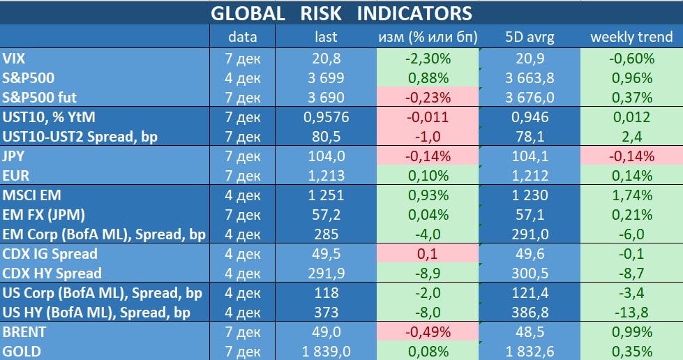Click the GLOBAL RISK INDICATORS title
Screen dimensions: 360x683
click(341, 13)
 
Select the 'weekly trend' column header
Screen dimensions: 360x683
click(631, 37)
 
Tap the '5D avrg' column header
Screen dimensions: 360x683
click(529, 37)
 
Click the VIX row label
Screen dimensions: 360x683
click(15, 59)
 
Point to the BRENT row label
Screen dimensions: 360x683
click(25, 332)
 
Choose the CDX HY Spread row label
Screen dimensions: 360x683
click(52, 273)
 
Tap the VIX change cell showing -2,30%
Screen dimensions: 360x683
click(427, 59)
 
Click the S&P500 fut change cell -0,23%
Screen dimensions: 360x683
click(427, 98)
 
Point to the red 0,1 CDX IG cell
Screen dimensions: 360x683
click(427, 254)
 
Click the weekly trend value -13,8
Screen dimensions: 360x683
click(631, 313)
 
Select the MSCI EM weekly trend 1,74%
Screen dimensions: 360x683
click(631, 195)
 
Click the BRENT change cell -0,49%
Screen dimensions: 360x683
click(427, 332)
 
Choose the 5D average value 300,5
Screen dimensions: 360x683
click(529, 273)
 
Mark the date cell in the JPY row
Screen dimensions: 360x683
click(243, 156)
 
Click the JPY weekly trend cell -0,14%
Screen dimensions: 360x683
click(631, 156)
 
